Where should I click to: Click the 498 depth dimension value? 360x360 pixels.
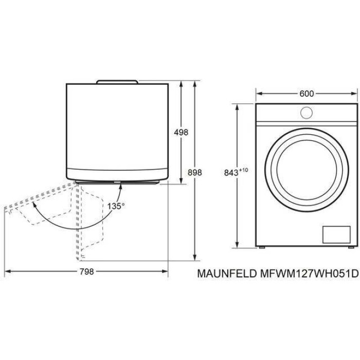point(181,132)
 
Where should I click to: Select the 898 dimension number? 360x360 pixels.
point(195,172)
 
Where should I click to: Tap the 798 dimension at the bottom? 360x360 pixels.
point(87,272)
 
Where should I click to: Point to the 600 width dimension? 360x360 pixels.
point(307,94)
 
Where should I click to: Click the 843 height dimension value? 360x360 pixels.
point(231,173)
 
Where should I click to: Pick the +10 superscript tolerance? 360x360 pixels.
point(244,170)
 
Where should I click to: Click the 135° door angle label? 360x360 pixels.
point(116,206)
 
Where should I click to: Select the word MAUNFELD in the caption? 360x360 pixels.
point(227,274)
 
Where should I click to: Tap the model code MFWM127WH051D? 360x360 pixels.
point(309,274)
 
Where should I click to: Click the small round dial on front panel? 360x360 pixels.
point(307,113)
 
